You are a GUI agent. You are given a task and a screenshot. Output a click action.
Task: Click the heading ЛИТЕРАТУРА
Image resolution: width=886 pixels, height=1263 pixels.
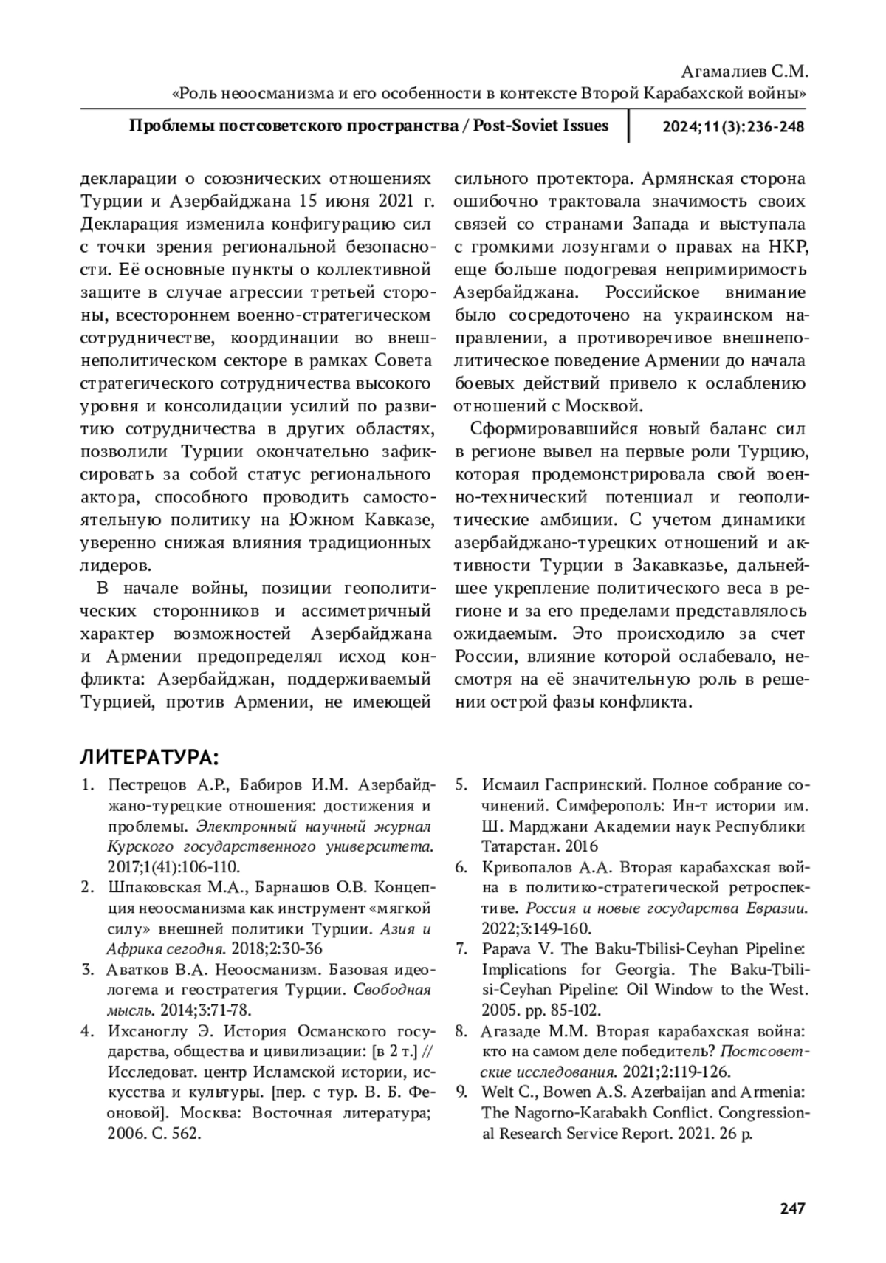(x=148, y=758)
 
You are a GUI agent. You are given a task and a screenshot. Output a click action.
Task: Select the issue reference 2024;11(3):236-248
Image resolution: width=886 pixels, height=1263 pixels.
(x=732, y=126)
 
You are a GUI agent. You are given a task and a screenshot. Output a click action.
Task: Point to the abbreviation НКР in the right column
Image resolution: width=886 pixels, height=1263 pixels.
(x=789, y=247)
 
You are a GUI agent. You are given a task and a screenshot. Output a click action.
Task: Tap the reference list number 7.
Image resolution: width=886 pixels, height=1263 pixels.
(x=461, y=949)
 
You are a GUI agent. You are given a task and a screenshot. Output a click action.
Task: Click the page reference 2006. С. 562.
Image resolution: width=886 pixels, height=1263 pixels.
(x=154, y=1133)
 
